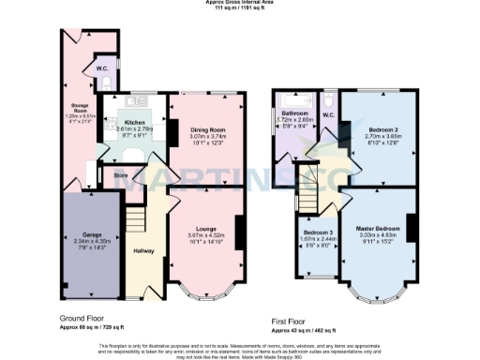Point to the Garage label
(91, 234)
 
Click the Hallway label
(142, 249)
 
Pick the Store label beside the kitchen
(120, 173)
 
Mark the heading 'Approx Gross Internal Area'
(239, 3)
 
